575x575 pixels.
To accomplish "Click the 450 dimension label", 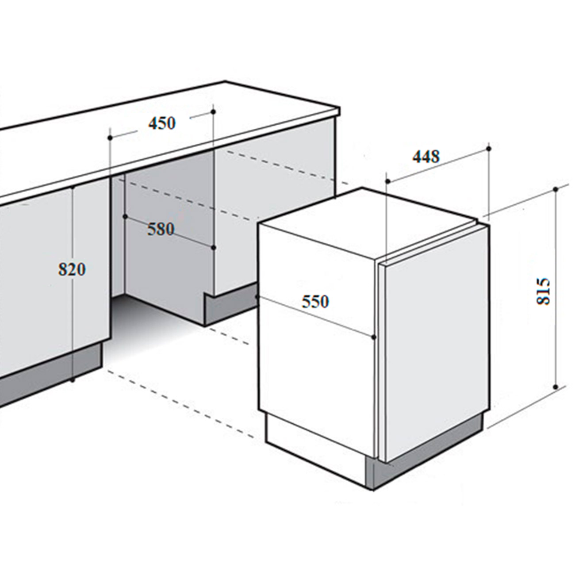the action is click(162, 123).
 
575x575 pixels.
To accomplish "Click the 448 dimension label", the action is click(426, 157).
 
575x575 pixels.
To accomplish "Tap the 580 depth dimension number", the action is click(161, 230).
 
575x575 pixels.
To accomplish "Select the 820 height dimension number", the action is click(72, 269).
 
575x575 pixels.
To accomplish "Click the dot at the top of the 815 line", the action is click(555, 189).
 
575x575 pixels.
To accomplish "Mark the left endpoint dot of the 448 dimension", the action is click(388, 181).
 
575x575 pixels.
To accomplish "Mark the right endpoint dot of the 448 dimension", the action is click(489, 148).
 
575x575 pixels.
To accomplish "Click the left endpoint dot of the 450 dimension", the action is click(110, 138).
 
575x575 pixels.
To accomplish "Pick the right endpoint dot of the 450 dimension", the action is click(213, 111).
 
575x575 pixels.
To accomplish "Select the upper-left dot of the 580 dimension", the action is click(125, 216).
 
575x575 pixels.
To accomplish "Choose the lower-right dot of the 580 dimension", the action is click(214, 248).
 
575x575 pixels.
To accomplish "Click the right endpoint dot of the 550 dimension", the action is click(374, 337).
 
